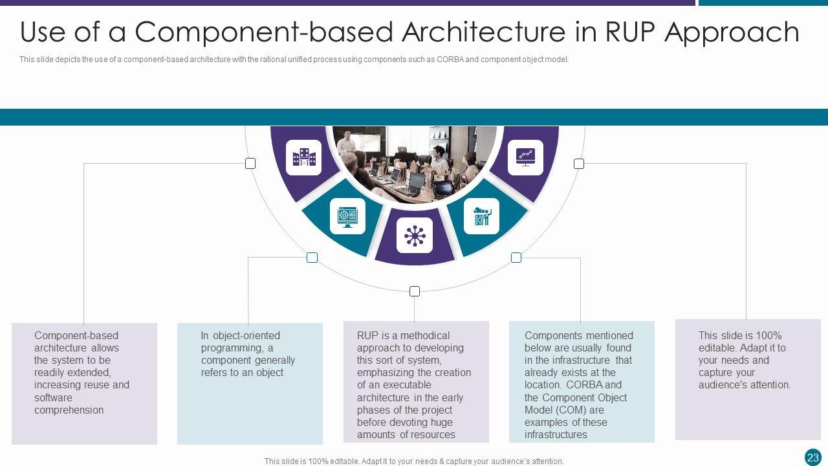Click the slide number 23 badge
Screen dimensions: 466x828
click(x=813, y=457)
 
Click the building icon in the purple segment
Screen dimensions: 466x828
click(x=304, y=157)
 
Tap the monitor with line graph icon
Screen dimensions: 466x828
click(x=525, y=157)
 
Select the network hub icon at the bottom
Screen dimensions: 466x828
click(x=415, y=236)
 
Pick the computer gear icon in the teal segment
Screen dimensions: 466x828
click(x=347, y=216)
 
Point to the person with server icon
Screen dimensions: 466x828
click(x=482, y=216)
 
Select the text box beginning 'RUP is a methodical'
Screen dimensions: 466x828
click(x=416, y=382)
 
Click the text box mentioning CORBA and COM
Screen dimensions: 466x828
click(x=582, y=382)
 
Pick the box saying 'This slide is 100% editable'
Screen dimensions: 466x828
click(x=747, y=380)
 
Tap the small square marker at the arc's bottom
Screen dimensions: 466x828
click(x=415, y=291)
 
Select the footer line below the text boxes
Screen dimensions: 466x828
click(x=414, y=461)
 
